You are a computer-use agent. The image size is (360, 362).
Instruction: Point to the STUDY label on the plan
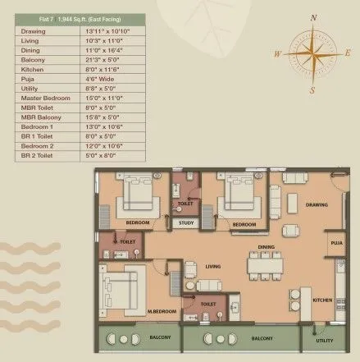click(186, 222)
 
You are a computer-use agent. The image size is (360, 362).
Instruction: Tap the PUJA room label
click(336, 243)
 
